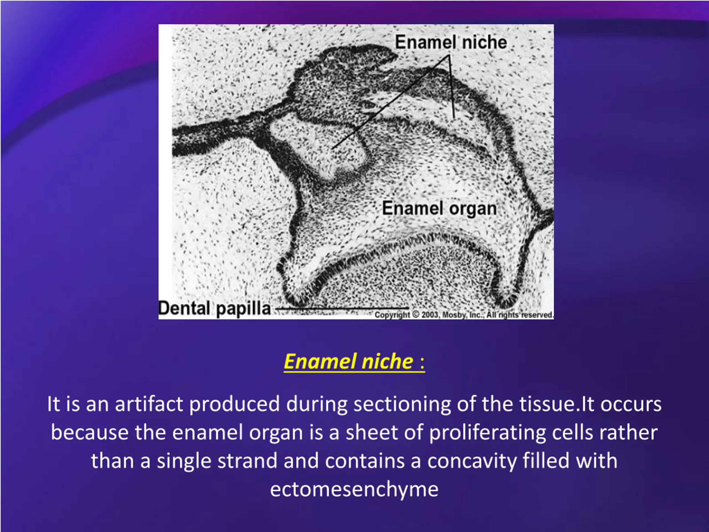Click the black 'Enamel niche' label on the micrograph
click(451, 42)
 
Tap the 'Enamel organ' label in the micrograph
click(440, 208)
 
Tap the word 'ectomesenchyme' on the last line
click(354, 490)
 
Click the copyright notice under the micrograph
click(464, 315)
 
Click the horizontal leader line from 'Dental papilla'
click(342, 308)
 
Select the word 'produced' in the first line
click(235, 404)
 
